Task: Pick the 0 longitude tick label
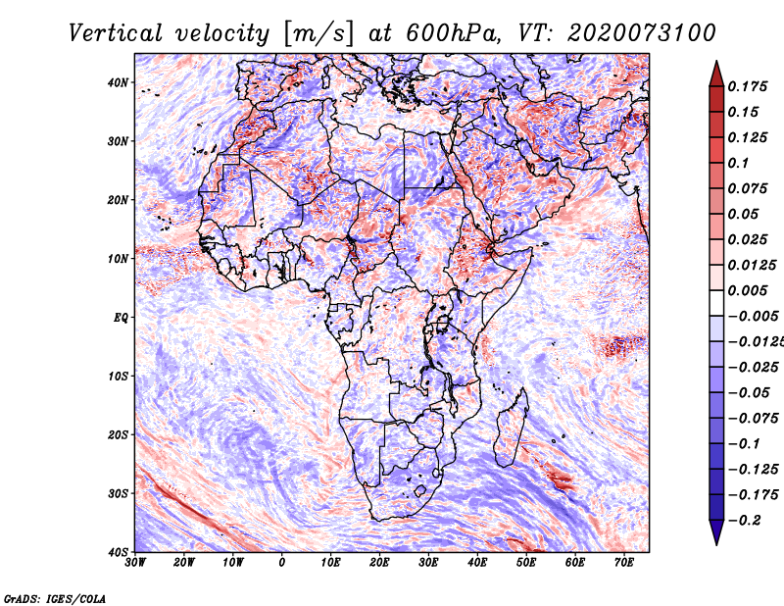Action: [x=282, y=562]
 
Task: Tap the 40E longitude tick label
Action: [x=477, y=562]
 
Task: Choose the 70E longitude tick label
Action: [x=624, y=562]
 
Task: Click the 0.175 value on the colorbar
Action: [x=748, y=86]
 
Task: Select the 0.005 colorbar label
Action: [x=748, y=290]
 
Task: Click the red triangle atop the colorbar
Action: [x=715, y=73]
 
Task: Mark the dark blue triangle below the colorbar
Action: [x=715, y=531]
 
